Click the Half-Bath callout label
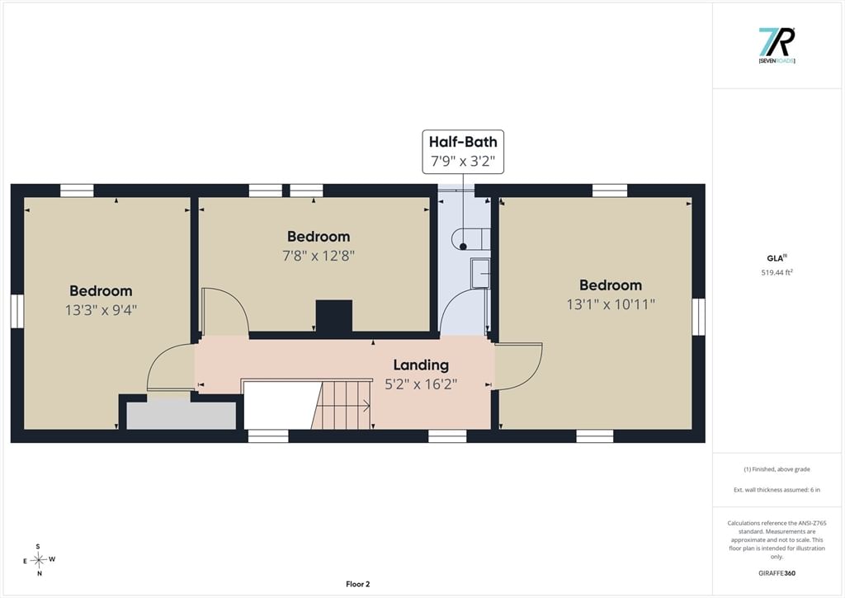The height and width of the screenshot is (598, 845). (463, 152)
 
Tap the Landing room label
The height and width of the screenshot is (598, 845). (421, 365)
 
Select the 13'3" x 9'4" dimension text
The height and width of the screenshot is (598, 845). (101, 310)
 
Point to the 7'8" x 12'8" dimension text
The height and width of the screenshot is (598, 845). (319, 256)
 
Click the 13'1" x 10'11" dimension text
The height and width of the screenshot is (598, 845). (611, 304)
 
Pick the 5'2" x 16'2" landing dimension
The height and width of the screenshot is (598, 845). (421, 384)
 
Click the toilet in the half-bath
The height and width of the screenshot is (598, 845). (470, 239)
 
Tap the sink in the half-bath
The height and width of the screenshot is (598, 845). (480, 273)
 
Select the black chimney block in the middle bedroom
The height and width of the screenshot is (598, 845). (334, 316)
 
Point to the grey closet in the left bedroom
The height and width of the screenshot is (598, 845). (181, 416)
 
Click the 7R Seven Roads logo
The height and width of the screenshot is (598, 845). (777, 46)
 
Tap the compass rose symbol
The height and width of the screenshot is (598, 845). (39, 560)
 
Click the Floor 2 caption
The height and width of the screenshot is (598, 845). (358, 584)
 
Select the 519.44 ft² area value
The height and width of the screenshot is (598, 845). (777, 272)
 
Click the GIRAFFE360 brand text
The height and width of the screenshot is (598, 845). (777, 573)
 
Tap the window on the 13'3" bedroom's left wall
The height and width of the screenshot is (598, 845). (18, 311)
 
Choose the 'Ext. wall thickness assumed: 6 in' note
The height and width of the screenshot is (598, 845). (777, 490)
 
